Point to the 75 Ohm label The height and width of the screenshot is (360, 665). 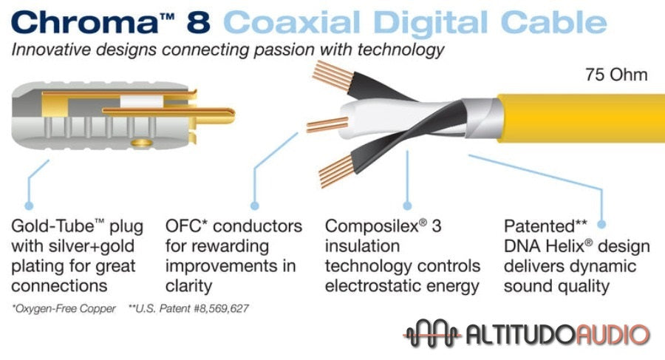click(616, 75)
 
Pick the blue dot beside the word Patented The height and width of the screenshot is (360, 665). click(601, 223)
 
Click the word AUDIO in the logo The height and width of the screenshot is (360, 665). click(610, 334)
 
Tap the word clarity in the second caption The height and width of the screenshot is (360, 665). click(188, 285)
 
